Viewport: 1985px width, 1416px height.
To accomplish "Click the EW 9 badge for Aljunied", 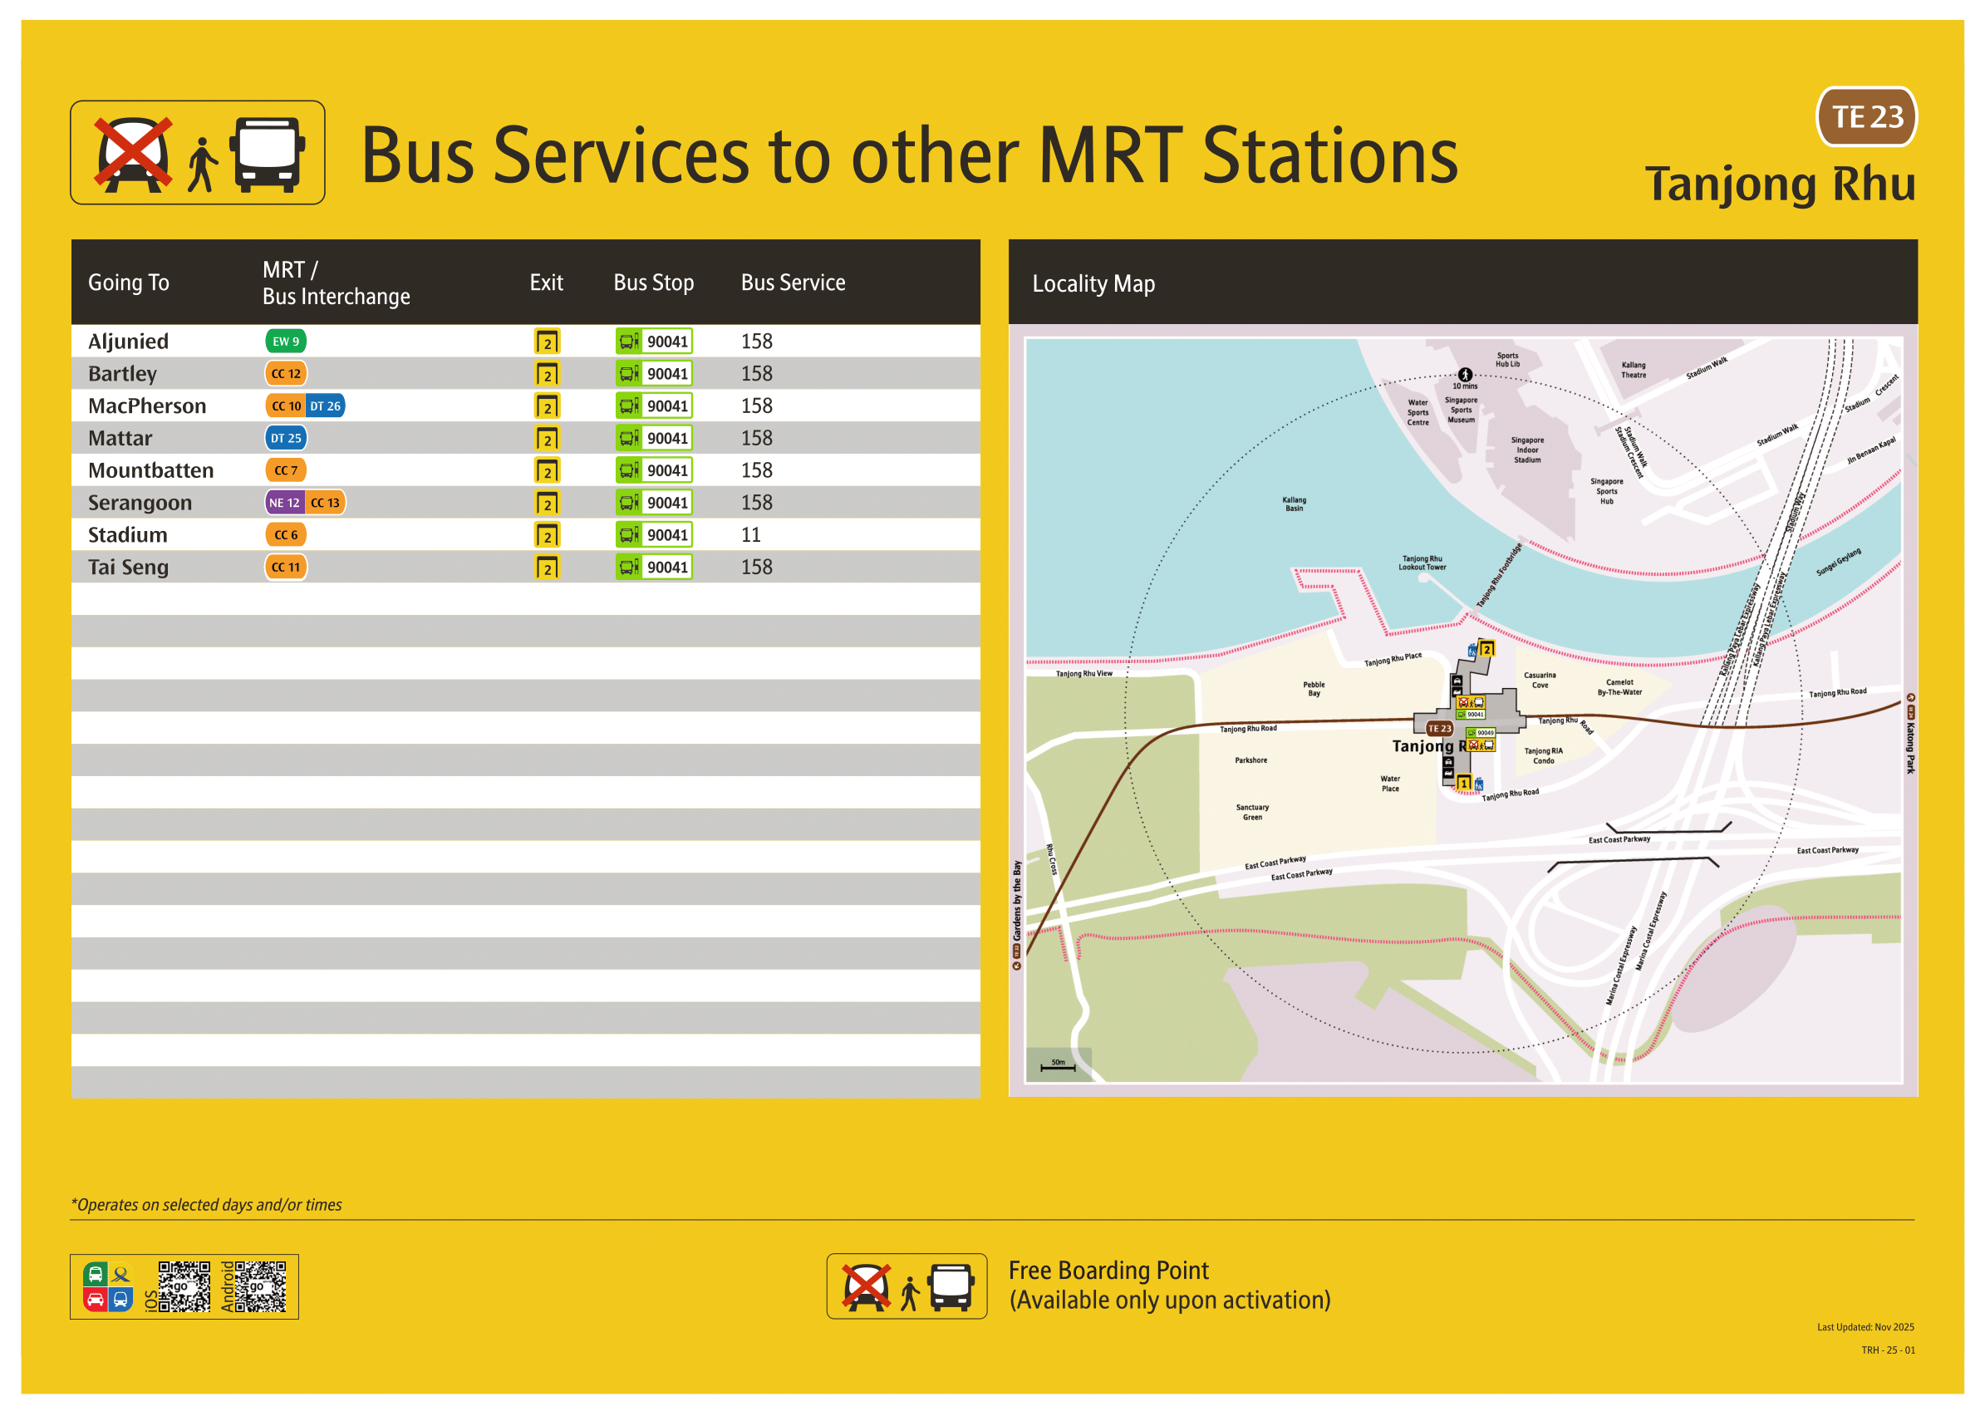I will click(x=285, y=341).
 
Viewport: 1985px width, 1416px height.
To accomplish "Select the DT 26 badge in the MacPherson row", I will click(x=325, y=406).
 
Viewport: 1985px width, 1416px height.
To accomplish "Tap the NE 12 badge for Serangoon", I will click(x=283, y=502).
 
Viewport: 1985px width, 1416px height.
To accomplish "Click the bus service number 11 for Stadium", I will click(x=750, y=534).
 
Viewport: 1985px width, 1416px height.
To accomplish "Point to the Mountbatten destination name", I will click(x=151, y=470).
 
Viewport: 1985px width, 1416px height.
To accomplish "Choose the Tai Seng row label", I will click(x=128, y=567).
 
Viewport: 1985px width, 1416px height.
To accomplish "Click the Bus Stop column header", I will click(x=653, y=283).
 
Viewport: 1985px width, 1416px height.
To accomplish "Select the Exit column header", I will click(x=546, y=283).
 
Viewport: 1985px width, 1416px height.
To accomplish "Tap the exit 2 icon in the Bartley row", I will click(x=547, y=374).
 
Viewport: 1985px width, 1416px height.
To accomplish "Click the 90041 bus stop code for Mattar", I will click(x=667, y=438).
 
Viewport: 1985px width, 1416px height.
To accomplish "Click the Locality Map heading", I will click(x=1093, y=283).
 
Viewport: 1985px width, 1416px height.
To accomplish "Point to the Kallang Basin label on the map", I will click(x=1294, y=504).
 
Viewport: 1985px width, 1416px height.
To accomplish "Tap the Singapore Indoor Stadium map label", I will click(x=1526, y=450).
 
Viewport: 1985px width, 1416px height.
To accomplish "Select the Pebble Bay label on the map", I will click(x=1313, y=689).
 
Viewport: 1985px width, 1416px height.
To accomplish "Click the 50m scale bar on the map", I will click(x=1058, y=1065).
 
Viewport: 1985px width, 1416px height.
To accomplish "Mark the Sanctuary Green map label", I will click(x=1252, y=812).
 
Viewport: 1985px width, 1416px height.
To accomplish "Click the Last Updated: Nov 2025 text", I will click(x=1865, y=1327).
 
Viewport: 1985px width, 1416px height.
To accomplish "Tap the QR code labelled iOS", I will click(x=184, y=1286).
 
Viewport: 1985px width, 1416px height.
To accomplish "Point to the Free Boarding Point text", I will click(x=1108, y=1271).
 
